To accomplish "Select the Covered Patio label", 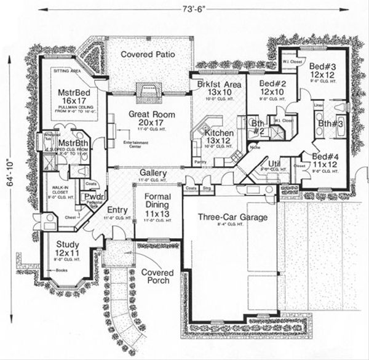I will pos(148,54).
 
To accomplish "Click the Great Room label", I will pos(152,114).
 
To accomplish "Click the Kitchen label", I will pos(218,134).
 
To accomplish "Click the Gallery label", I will pos(153,174).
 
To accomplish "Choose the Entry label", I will pos(117,210).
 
